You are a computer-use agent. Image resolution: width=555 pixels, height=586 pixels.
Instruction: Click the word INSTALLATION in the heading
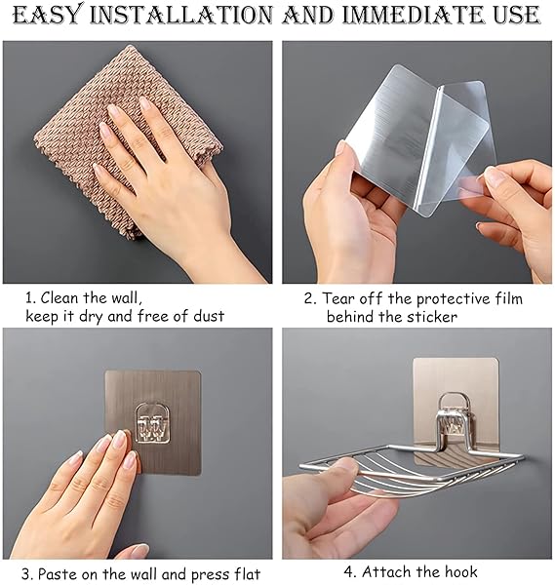180,15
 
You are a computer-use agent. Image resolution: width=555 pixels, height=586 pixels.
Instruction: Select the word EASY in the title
47,15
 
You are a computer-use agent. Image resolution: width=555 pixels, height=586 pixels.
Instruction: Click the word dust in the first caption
209,316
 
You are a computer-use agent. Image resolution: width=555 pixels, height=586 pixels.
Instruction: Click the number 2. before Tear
310,299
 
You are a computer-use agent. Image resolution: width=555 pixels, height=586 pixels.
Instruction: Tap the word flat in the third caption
244,573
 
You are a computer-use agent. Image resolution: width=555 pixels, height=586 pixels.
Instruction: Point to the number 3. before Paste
27,574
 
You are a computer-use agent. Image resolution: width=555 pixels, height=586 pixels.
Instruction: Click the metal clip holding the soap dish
455,418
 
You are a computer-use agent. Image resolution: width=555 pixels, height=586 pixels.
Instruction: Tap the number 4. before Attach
349,571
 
